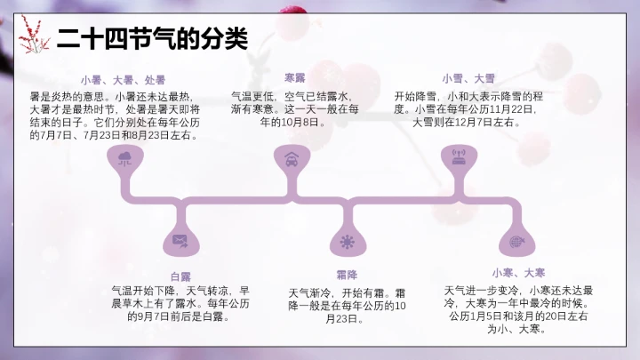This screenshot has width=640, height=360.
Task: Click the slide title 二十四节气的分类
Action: (152, 39)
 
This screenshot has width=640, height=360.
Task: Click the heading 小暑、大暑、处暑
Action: (123, 80)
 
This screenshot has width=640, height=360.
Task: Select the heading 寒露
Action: (294, 78)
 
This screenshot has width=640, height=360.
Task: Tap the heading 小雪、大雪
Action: (468, 78)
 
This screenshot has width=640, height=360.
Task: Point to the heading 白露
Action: (180, 276)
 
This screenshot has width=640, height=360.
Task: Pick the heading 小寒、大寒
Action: (518, 272)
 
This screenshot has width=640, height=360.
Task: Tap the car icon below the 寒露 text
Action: (291, 160)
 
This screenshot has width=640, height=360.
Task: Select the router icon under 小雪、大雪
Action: (460, 160)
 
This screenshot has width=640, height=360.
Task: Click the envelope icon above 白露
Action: (180, 240)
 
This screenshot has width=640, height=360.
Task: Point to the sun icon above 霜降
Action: (346, 242)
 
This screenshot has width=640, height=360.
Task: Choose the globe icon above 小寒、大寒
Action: (515, 241)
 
